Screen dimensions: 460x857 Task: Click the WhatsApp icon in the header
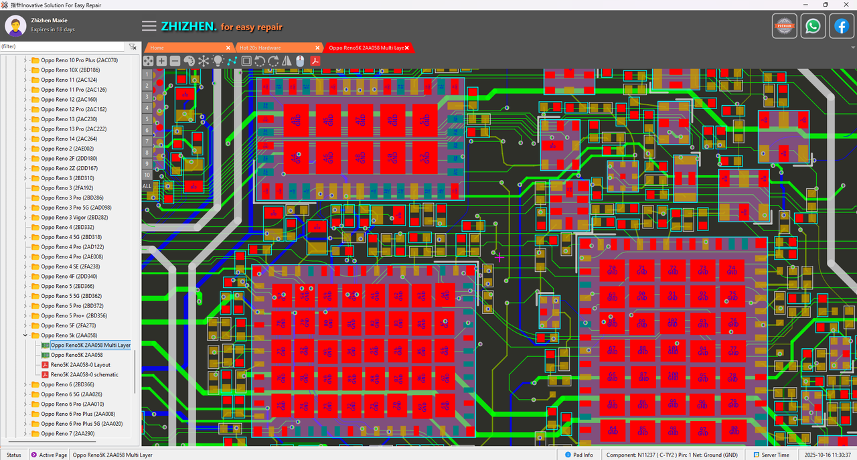[x=813, y=26]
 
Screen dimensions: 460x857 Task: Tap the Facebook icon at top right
[x=841, y=26]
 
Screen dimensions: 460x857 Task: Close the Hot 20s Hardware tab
[x=318, y=48]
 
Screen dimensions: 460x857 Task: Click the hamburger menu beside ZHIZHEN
[x=149, y=27]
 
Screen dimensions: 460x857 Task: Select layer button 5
[x=147, y=119]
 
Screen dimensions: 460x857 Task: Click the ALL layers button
[x=147, y=185]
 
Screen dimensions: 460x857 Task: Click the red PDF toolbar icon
[x=314, y=61]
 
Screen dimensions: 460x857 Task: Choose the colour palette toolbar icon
[x=189, y=61]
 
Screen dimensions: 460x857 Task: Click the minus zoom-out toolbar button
[x=175, y=61]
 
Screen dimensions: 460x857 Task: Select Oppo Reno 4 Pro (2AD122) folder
[x=72, y=247]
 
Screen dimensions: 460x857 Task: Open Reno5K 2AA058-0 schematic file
[x=84, y=375]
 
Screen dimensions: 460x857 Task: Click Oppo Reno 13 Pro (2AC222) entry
[x=74, y=129]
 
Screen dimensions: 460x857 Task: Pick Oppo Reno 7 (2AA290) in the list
[x=68, y=434]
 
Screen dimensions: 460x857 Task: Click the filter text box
[x=62, y=47]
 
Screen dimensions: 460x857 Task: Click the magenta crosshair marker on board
[x=499, y=256]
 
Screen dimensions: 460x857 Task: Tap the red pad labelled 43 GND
[x=296, y=121]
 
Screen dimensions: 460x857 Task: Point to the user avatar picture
[x=15, y=26]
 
